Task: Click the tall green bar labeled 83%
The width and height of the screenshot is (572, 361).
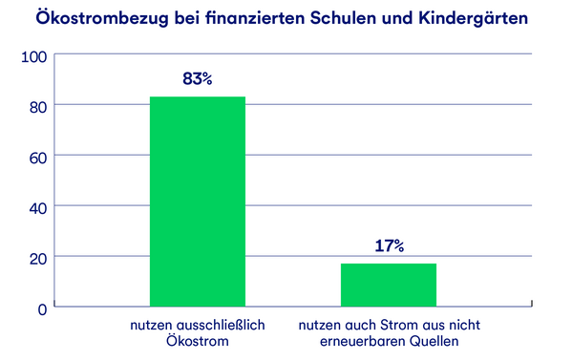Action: coord(197,201)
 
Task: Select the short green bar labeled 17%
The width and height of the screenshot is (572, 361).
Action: coord(388,284)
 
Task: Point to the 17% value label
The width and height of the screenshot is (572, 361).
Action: coord(388,246)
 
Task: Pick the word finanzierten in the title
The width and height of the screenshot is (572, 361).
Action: coord(266,18)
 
